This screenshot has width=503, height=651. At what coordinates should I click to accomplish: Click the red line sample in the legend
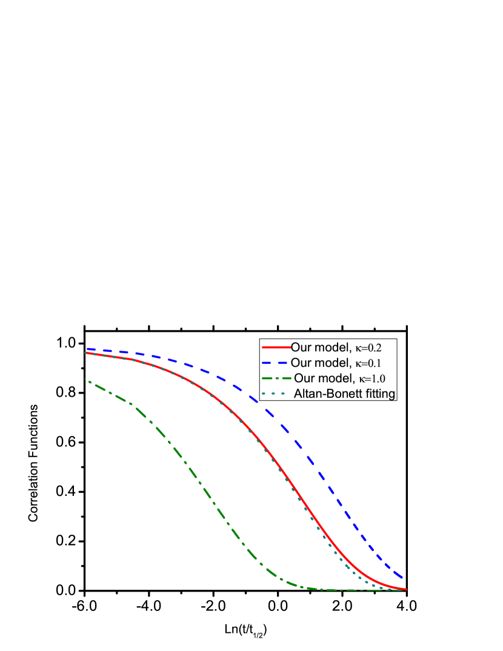click(x=276, y=348)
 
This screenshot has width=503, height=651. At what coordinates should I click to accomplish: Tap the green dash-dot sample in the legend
click(x=276, y=378)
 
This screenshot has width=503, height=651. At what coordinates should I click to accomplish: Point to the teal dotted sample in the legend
click(x=276, y=394)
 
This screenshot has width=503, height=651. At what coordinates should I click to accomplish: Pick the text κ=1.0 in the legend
click(x=371, y=378)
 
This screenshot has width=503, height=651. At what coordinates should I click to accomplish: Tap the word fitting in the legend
click(x=379, y=394)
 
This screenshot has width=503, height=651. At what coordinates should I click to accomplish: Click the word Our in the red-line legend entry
click(x=301, y=348)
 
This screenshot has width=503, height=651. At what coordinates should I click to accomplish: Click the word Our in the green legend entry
click(x=304, y=378)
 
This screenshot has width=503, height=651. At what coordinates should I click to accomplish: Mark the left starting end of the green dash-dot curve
click(x=86, y=380)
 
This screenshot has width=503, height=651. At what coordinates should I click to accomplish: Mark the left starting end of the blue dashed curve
click(x=87, y=349)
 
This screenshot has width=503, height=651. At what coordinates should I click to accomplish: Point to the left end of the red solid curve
click(x=86, y=352)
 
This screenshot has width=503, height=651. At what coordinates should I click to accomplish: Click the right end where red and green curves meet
click(x=405, y=589)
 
